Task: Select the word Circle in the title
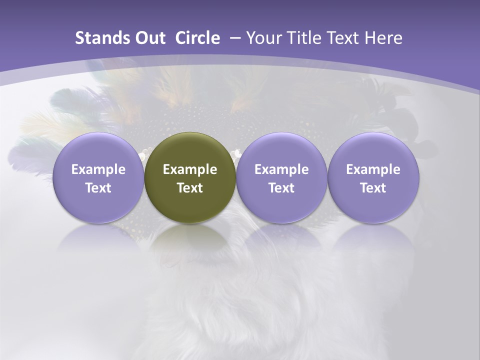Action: (197, 38)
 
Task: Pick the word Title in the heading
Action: (301, 38)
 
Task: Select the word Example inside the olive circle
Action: (190, 169)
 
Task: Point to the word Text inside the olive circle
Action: (190, 188)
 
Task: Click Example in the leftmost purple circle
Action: (98, 169)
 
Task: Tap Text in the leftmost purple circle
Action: (98, 188)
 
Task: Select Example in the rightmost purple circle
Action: (373, 169)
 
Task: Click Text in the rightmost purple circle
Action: (373, 188)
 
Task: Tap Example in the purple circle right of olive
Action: (281, 169)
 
